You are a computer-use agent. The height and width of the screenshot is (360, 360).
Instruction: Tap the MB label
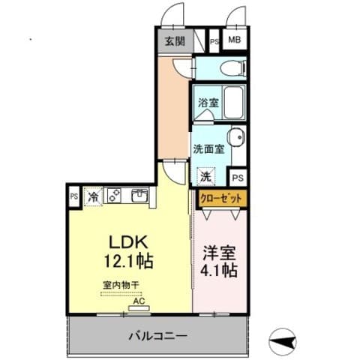click(x=235, y=41)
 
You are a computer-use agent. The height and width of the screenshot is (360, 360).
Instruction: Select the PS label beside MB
click(x=214, y=42)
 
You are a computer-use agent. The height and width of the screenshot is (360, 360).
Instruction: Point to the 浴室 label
click(x=208, y=103)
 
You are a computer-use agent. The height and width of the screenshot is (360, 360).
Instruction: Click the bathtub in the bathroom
click(x=235, y=101)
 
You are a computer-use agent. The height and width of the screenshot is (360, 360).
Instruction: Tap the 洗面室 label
click(x=208, y=148)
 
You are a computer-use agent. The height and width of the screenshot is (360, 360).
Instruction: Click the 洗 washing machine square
click(x=205, y=177)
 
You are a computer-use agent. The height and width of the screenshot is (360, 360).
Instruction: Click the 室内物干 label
click(x=121, y=285)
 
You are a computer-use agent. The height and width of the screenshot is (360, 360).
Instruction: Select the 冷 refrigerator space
click(x=94, y=196)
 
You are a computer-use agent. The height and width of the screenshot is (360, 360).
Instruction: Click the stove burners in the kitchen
click(x=115, y=196)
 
